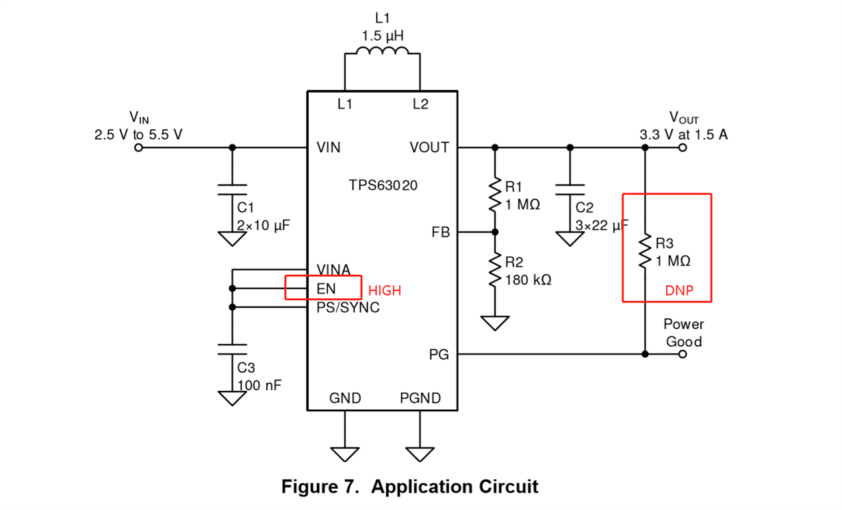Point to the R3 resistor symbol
point(645,251)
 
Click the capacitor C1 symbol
point(232,189)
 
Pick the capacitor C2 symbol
point(570,189)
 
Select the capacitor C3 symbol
point(232,349)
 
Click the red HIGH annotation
point(385,291)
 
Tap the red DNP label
point(679,291)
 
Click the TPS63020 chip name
point(382,185)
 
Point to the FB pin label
point(441,232)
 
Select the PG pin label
point(439,354)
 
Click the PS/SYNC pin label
point(348,308)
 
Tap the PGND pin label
point(420,398)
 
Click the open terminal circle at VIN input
point(139,147)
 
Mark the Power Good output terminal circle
point(682,354)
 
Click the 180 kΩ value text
point(528,280)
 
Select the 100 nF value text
point(259,385)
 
